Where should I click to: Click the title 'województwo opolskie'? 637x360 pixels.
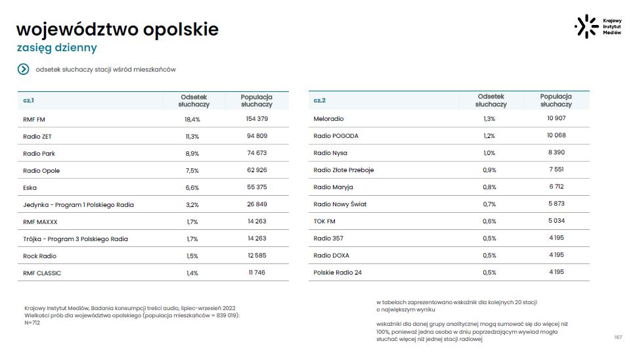point(117,30)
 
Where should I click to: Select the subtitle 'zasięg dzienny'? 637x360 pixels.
point(56,48)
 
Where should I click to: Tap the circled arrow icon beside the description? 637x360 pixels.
point(24,69)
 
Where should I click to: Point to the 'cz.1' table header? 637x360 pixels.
point(29,101)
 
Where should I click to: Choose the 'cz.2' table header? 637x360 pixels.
point(320,101)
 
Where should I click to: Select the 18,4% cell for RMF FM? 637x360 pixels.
point(192,119)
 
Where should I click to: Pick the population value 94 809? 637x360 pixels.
point(257,136)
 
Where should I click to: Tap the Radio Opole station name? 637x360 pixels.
point(41,171)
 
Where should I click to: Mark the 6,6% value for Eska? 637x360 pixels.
point(192,188)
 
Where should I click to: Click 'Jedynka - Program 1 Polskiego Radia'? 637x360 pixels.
point(78,205)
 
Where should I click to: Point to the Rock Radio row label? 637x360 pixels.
point(40,256)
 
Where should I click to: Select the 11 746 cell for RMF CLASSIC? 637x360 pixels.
point(257,273)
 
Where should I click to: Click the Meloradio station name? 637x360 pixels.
point(329,119)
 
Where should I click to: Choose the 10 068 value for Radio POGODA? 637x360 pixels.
point(556,135)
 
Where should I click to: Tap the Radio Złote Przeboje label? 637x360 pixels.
point(343,170)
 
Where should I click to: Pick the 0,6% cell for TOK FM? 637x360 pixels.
point(489,221)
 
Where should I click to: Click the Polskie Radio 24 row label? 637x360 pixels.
point(338,273)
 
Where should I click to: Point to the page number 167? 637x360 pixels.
point(618,337)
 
